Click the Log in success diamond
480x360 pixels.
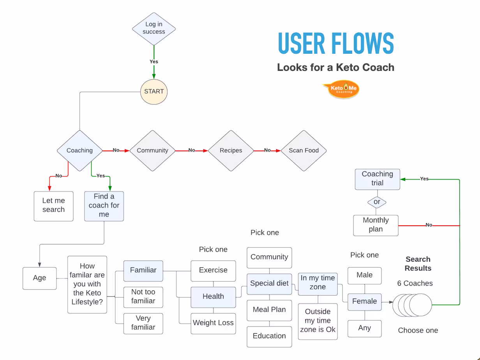coord(154,28)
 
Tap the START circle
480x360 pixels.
coord(154,92)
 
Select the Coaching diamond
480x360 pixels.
coord(79,150)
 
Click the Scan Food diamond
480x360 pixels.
coord(304,150)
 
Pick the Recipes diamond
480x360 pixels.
coord(231,150)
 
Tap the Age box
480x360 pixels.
coord(39,278)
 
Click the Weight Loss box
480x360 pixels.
coord(213,323)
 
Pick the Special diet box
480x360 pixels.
coord(269,284)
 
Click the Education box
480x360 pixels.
coord(269,336)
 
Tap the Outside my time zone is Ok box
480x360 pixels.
coord(318,321)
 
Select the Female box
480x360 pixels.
coord(364,302)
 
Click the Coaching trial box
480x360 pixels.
coord(377,179)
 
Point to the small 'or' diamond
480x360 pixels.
coord(377,202)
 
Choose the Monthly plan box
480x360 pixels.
coord(376,225)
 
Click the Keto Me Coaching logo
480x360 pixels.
coord(341,90)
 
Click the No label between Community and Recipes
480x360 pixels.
coord(192,150)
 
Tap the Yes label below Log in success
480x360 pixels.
coord(154,62)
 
